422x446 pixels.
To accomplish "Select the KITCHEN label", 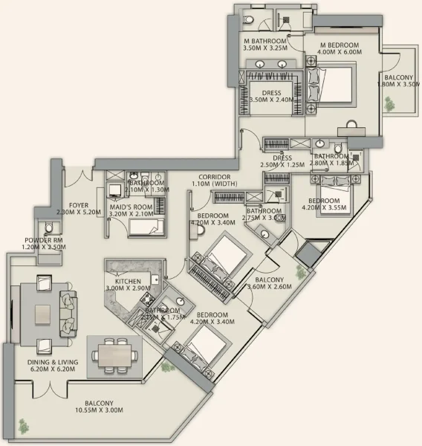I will pyautogui.click(x=128, y=282).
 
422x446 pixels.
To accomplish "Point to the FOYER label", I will pyautogui.click(x=79, y=205).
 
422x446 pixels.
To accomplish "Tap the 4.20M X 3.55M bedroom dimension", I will pyautogui.click(x=324, y=209).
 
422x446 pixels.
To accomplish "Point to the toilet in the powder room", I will pyautogui.click(x=49, y=228).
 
